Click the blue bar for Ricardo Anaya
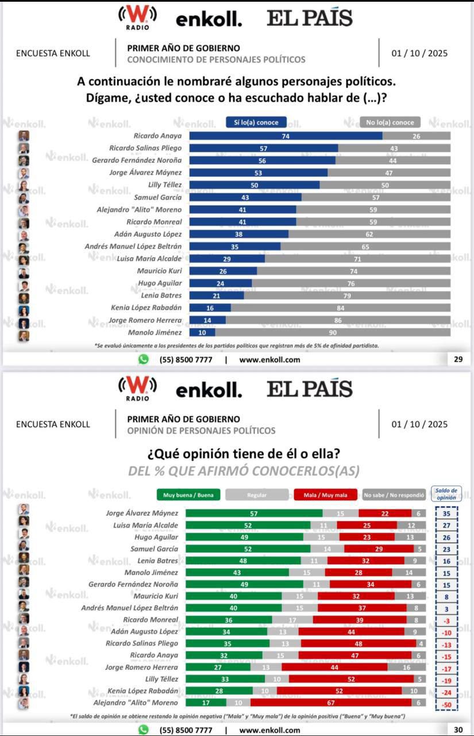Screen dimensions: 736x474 [286, 136]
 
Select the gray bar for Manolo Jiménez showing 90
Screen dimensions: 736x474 [333, 332]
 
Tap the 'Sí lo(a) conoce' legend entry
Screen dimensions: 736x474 [256, 122]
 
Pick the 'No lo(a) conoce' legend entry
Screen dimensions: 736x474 [390, 122]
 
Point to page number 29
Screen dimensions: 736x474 [458, 359]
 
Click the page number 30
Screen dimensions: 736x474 [458, 730]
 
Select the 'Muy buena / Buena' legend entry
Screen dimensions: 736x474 [188, 494]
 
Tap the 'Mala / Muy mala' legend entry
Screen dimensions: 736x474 [326, 494]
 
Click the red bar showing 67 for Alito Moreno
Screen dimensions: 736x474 [331, 703]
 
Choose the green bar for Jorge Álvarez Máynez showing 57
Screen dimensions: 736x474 [254, 513]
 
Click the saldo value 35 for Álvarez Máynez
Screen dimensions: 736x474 [446, 514]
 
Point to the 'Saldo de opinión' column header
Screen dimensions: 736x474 [446, 494]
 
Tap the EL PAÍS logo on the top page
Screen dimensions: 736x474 [310, 18]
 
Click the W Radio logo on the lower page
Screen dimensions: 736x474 [137, 388]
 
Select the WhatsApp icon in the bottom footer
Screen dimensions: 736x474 [143, 730]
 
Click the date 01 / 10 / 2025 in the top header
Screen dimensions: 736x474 [419, 53]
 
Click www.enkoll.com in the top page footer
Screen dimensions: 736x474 [269, 360]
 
